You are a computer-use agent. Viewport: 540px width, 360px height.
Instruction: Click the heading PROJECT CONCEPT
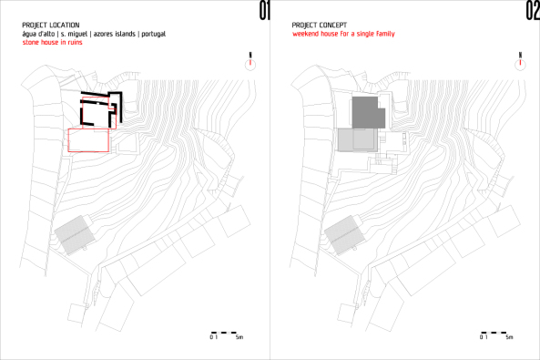click(x=317, y=25)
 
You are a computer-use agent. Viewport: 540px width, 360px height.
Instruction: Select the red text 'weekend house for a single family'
click(x=341, y=33)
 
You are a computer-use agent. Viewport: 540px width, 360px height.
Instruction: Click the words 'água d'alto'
click(x=38, y=33)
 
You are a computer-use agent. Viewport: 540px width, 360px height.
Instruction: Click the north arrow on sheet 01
click(x=250, y=61)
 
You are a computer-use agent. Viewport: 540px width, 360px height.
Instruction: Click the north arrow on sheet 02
click(x=519, y=61)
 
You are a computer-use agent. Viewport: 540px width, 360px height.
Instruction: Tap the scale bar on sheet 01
click(x=224, y=332)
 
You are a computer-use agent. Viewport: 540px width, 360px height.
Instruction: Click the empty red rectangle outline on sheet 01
click(x=88, y=139)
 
